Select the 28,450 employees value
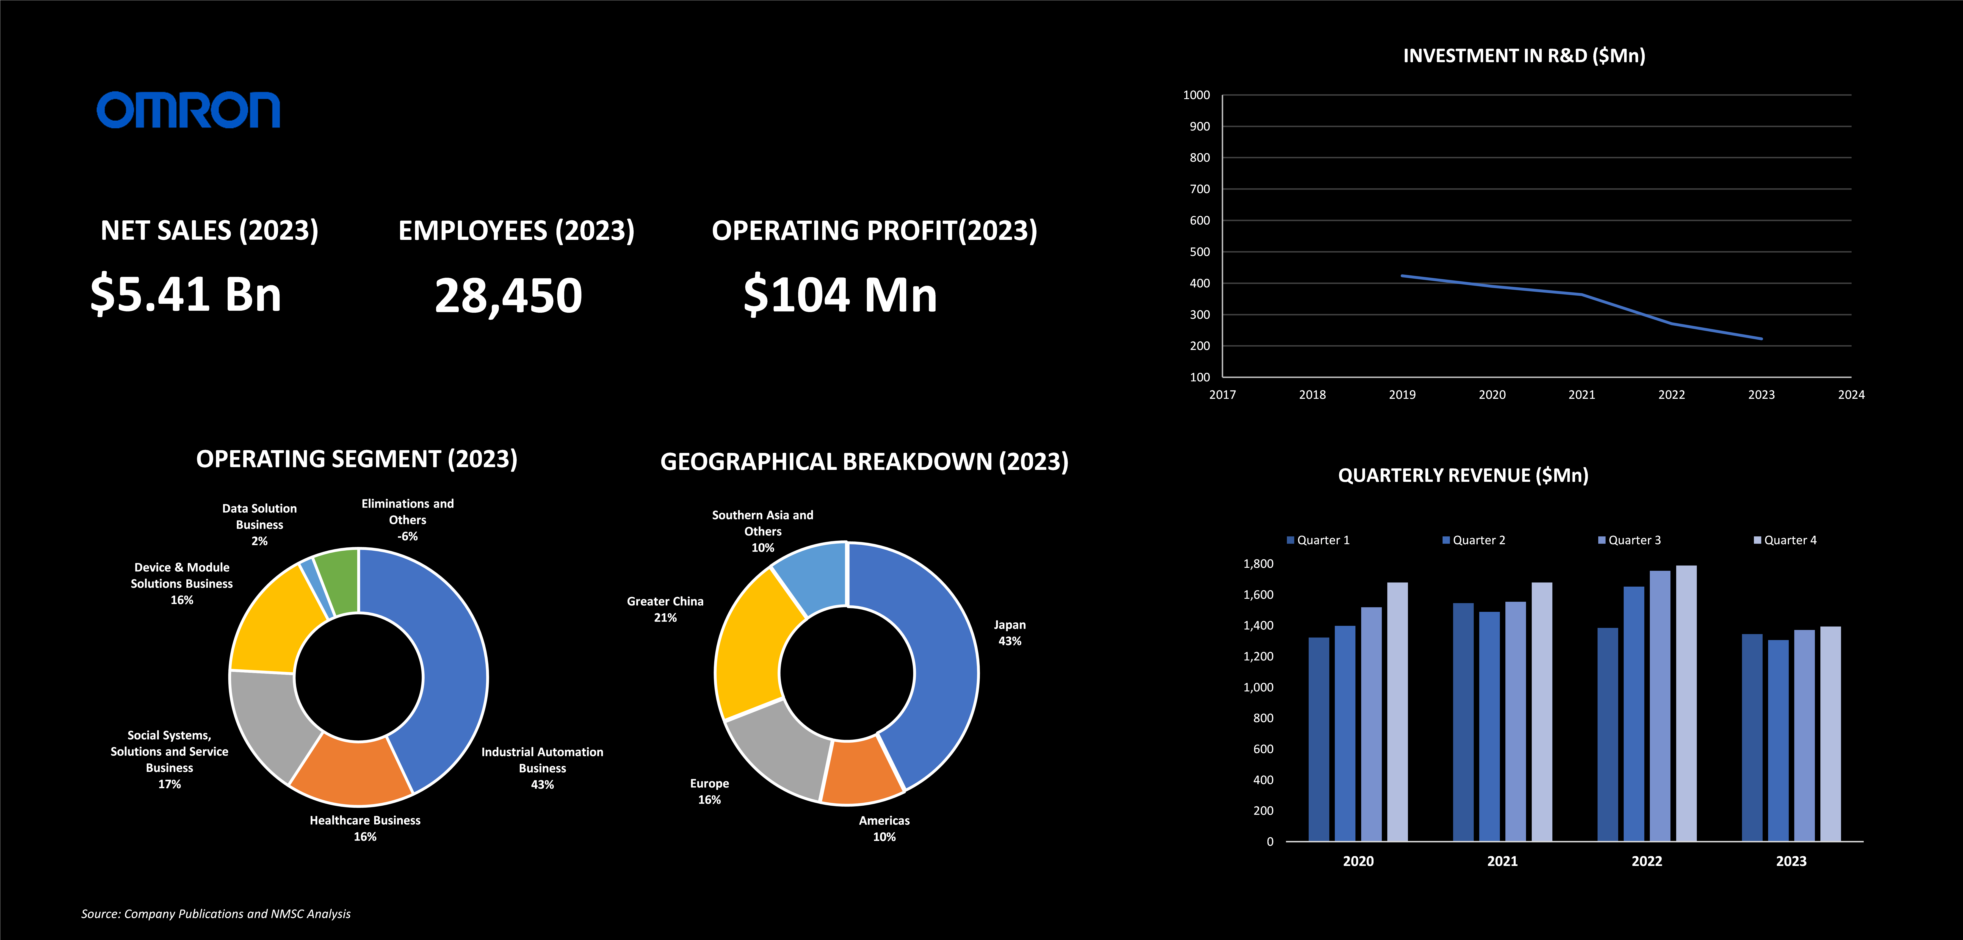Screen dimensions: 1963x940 (x=508, y=296)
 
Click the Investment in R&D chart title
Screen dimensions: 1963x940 (x=1524, y=56)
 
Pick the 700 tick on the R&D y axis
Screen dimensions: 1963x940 (x=1200, y=189)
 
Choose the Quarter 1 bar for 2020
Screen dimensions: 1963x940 (x=1318, y=740)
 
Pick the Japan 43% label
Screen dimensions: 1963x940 (x=1010, y=633)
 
